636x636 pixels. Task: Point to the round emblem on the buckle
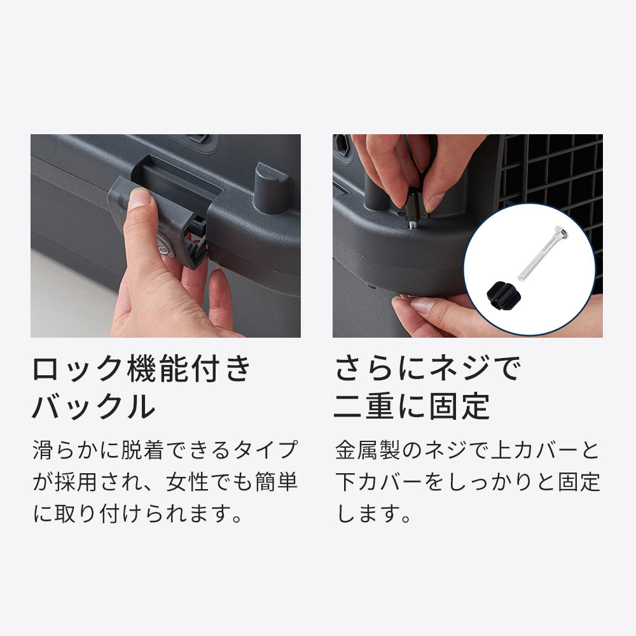164,246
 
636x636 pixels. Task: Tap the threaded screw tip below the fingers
413,223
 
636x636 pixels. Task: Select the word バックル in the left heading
93,406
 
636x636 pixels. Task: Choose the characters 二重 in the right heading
363,406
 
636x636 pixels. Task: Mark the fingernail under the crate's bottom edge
423,305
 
